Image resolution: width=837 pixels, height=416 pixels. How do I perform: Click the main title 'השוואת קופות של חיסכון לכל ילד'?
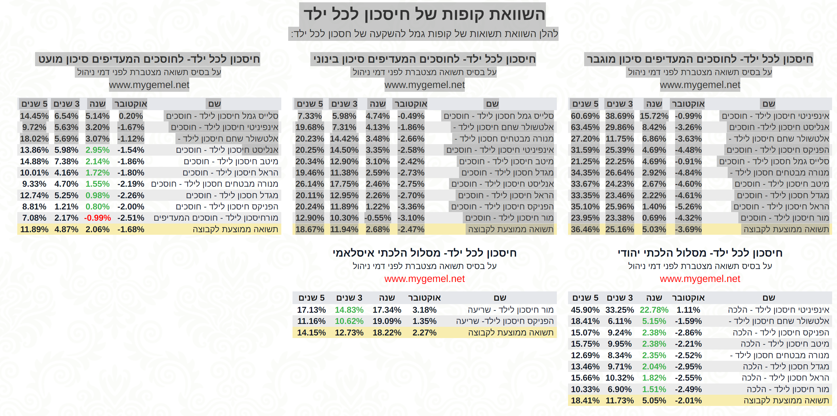click(424, 14)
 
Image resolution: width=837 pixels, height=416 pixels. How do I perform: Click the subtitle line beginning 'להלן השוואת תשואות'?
click(424, 34)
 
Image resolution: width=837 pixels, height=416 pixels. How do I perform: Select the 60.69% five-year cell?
click(585, 116)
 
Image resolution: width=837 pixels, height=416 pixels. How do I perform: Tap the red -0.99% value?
click(98, 218)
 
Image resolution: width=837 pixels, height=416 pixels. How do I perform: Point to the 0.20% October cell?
click(131, 116)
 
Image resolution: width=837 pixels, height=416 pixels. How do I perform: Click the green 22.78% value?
click(654, 310)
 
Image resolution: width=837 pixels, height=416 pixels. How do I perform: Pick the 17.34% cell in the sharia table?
click(387, 310)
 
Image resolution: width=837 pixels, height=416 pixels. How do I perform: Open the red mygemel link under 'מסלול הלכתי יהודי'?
click(700, 279)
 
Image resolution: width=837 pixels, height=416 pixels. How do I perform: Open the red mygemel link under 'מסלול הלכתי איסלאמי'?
click(424, 279)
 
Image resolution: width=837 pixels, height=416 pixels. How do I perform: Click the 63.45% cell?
click(585, 127)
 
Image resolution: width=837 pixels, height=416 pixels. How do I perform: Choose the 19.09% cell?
click(387, 321)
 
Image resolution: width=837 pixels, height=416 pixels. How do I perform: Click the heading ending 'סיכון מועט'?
click(149, 59)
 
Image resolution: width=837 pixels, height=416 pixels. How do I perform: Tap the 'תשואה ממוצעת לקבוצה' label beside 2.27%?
click(511, 333)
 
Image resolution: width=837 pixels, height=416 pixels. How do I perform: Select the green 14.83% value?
click(349, 310)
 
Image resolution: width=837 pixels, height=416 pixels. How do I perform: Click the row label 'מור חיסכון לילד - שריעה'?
click(511, 310)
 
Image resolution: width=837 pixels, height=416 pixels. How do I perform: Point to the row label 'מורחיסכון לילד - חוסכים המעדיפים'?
click(216, 218)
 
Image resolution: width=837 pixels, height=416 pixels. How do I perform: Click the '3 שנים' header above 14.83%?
click(349, 298)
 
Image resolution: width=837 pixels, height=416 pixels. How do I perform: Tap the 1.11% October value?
click(688, 310)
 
